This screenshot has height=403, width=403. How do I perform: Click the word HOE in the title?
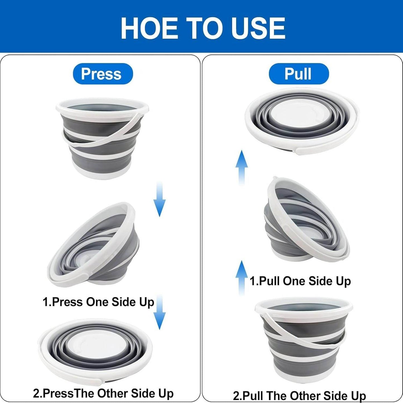(x=149, y=28)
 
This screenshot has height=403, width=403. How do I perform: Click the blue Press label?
(x=103, y=74)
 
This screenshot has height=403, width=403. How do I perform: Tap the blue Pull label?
(x=299, y=74)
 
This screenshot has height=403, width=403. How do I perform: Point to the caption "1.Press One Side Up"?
(x=98, y=302)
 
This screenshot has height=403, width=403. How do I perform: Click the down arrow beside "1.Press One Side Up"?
(x=160, y=312)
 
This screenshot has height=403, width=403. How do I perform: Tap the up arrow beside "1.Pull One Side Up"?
(x=242, y=278)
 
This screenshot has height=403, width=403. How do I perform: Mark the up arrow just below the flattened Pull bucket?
(x=242, y=168)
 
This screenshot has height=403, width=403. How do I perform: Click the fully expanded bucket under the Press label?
(x=102, y=138)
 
